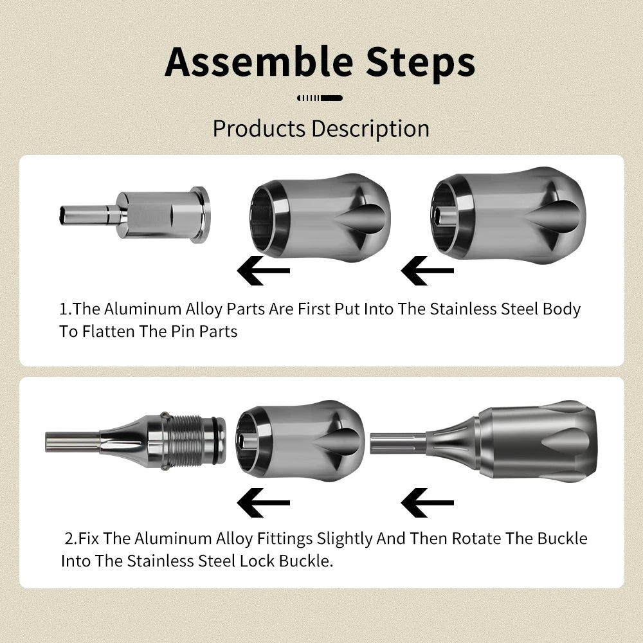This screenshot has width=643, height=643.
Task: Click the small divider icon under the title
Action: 320,98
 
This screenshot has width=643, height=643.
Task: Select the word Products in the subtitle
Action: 259,129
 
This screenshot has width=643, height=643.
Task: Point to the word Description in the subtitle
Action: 370,129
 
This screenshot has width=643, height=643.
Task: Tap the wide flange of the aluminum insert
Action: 200,214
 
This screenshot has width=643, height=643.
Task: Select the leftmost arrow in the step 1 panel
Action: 263,271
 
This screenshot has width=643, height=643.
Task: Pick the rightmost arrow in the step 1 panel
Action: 427,271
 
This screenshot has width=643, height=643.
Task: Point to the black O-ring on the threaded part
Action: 213,441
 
